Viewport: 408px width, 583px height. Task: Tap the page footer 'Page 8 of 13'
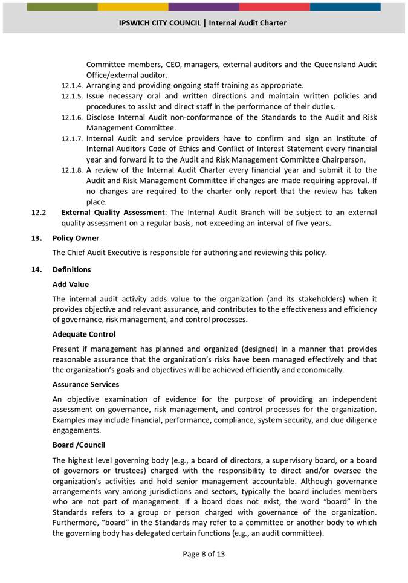tap(204, 554)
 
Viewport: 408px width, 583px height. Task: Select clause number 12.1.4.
tap(72, 86)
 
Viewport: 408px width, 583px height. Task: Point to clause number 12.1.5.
tap(72, 97)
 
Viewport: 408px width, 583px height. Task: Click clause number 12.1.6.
tap(72, 118)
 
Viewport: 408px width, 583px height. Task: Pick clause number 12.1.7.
tap(72, 139)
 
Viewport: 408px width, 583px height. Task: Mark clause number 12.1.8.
tap(72, 171)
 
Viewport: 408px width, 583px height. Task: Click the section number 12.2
tap(38, 213)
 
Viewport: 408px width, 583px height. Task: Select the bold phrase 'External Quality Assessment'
tap(113, 213)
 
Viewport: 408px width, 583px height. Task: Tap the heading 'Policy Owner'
tap(76, 239)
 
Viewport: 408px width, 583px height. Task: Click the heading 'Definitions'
tap(71, 270)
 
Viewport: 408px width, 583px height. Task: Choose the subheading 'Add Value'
tap(70, 284)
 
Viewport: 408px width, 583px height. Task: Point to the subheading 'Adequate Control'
tap(83, 334)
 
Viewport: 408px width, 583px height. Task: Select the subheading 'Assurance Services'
tap(85, 384)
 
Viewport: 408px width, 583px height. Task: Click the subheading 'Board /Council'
tap(79, 445)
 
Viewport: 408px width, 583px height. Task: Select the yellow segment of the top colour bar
tap(133, 7)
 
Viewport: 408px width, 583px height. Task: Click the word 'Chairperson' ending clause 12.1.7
tap(343, 160)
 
